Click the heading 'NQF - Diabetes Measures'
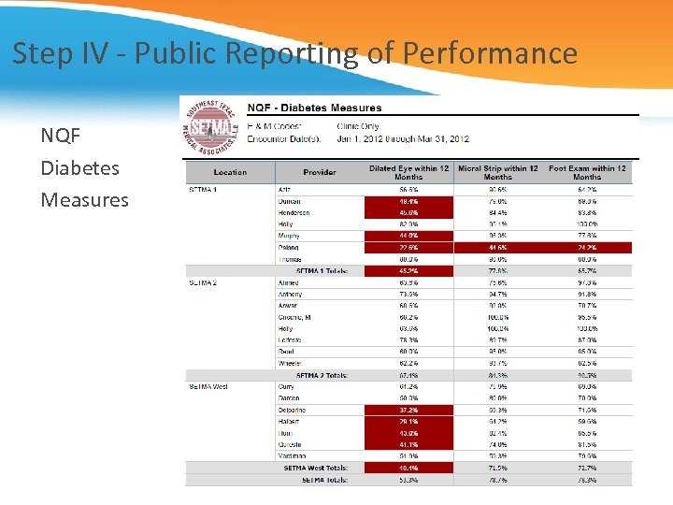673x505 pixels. pos(314,108)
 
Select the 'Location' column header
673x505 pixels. pos(230,172)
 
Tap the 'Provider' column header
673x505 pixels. pos(320,172)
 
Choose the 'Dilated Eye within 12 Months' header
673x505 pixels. pos(408,172)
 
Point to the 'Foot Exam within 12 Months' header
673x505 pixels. pos(587,172)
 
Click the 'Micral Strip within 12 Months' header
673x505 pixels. pos(497,172)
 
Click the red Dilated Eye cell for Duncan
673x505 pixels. pos(408,201)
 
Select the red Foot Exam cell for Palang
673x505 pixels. pos(587,248)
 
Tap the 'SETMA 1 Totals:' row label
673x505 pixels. pos(322,271)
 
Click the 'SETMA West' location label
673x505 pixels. pos(208,386)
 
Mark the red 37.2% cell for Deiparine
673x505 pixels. pos(408,410)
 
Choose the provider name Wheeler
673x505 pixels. pos(291,363)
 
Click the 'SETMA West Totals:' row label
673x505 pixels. pos(316,468)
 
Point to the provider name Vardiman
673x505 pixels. pos(293,455)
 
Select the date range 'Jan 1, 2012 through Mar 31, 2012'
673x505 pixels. pos(403,139)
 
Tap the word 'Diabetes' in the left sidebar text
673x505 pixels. pos(79,168)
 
